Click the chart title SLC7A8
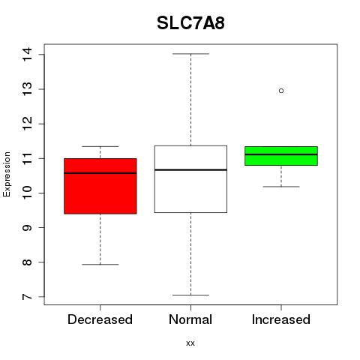pos(190,23)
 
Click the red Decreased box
pos(100,186)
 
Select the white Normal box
pos(190,179)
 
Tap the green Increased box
pos(281,156)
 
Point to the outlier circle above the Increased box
pos(281,91)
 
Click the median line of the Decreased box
pos(100,173)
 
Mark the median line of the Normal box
pos(190,169)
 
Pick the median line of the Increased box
pos(281,154)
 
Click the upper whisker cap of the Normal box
pos(190,54)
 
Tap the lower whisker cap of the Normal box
pos(190,295)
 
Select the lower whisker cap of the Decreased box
pos(100,264)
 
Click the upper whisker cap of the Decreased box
pos(100,146)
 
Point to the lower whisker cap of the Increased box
pos(281,187)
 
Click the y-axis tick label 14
pos(27,54)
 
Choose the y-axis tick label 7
pos(27,297)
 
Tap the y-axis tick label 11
pos(27,158)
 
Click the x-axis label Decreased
pos(100,319)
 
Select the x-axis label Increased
pos(281,319)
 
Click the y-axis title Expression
pos(7,174)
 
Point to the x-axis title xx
pos(190,343)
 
